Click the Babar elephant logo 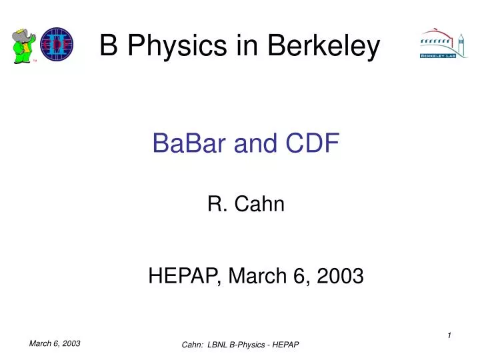(24, 45)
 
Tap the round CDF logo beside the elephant (56, 45)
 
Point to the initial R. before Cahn (216, 205)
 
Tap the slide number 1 (449, 335)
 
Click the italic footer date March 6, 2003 (55, 343)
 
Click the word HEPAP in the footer (287, 344)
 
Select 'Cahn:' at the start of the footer (193, 344)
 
